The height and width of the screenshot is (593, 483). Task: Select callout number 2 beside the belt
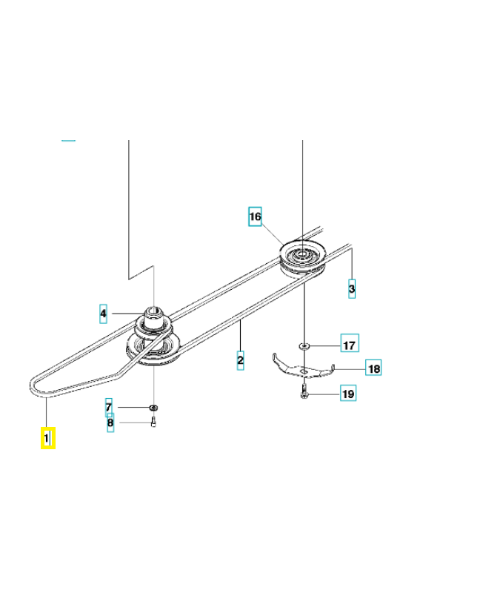pos(240,361)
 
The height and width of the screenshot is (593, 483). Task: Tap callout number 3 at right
pos(352,288)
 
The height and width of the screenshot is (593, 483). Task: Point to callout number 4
pos(104,314)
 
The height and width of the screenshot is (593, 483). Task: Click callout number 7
pos(109,407)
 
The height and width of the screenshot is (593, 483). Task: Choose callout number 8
pos(110,424)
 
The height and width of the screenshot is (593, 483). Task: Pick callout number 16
pos(255,217)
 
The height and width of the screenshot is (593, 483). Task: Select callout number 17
pos(348,345)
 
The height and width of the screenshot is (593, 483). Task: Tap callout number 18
pos(374,368)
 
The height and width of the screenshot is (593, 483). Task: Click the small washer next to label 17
pos(304,345)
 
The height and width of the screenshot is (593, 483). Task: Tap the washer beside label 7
pos(153,407)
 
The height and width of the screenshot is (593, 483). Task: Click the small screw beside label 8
pos(153,423)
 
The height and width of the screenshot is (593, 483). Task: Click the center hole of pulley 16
pos(302,255)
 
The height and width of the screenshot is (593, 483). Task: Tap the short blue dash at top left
pos(68,139)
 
